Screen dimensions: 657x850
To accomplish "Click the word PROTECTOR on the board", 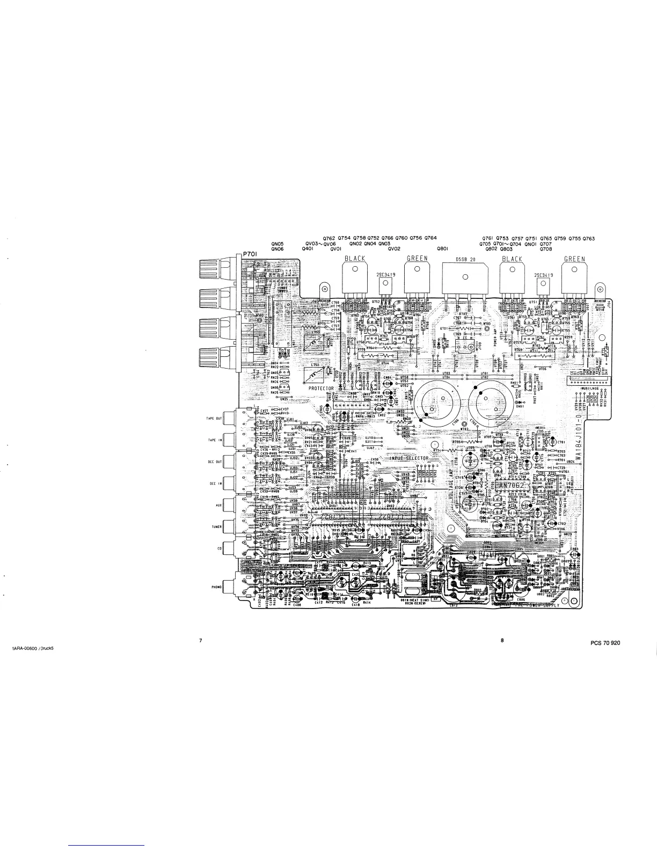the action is click(321, 388).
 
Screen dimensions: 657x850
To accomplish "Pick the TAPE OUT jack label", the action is click(215, 419).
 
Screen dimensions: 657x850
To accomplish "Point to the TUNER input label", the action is click(216, 527).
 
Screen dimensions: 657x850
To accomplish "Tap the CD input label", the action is click(219, 548).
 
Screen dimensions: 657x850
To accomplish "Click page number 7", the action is click(200, 640).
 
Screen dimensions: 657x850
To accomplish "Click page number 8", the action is click(502, 640).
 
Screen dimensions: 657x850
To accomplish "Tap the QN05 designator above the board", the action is click(277, 244).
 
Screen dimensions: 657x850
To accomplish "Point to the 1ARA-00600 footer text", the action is click(33, 648).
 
